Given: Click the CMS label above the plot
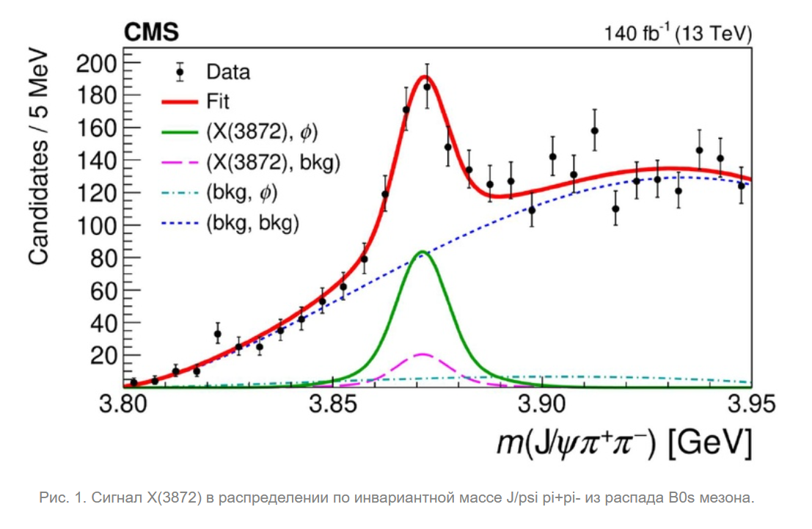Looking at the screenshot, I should point(151,32).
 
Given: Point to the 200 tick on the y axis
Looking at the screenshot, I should point(97,64).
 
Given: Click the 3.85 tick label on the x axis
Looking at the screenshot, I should point(334,404).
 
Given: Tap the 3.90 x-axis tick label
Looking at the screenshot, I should point(544,404).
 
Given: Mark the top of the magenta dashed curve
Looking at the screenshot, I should point(422,354).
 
